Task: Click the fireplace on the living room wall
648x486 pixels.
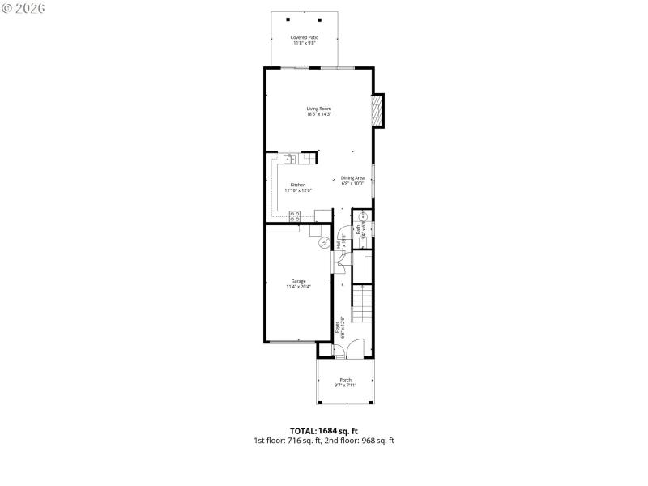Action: tap(377, 111)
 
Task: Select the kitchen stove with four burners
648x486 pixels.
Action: tap(295, 215)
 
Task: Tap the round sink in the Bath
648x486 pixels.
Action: tap(364, 217)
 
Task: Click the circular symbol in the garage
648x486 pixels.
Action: tap(324, 243)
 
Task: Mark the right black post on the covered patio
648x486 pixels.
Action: tap(320, 19)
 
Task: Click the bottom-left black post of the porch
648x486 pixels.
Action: tap(318, 402)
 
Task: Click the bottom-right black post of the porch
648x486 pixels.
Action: tap(372, 402)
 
